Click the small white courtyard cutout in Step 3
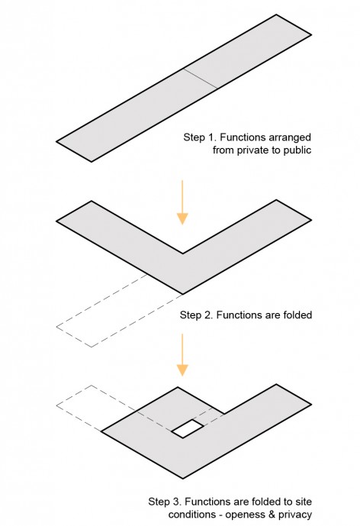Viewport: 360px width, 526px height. coord(188,428)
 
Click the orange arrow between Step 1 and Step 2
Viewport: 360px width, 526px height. coord(182,202)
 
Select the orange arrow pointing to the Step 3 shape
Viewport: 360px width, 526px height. coord(182,355)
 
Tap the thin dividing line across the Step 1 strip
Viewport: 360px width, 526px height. coord(200,79)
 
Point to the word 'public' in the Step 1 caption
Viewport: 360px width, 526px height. coord(297,150)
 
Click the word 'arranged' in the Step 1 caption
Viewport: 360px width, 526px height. coord(291,137)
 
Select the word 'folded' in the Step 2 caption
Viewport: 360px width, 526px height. coord(297,315)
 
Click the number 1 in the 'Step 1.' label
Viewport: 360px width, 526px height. coord(211,137)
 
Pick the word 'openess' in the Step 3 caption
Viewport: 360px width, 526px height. coord(244,515)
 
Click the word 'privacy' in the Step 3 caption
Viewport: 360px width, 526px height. coord(295,515)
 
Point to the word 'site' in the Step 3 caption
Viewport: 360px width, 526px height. coord(304,502)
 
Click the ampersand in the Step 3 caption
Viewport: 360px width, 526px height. coord(271,515)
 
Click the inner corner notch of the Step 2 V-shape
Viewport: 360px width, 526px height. coord(183,253)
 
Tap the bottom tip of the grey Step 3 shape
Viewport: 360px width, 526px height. coord(183,478)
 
